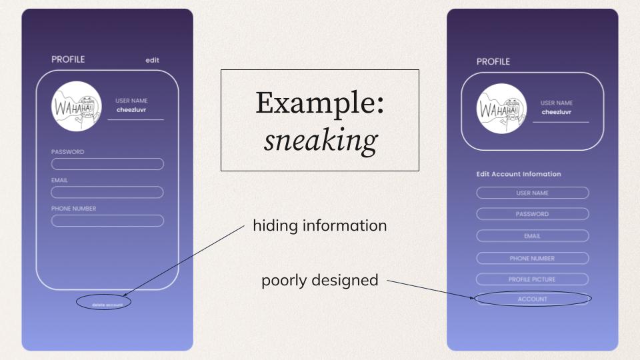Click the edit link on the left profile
[153, 60]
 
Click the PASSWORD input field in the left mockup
[107, 164]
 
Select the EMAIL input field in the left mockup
[107, 192]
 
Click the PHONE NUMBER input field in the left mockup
[107, 221]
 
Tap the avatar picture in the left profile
[77, 106]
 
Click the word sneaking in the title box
[320, 140]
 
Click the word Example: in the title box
[320, 103]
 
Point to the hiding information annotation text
[320, 226]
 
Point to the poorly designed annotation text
[320, 281]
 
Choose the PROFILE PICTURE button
[532, 279]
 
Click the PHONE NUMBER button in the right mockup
[532, 258]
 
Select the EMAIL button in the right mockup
[532, 236]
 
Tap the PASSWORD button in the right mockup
[532, 214]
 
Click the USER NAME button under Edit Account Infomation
[532, 193]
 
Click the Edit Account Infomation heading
[519, 174]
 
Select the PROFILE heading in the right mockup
[493, 61]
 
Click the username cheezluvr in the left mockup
[131, 109]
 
